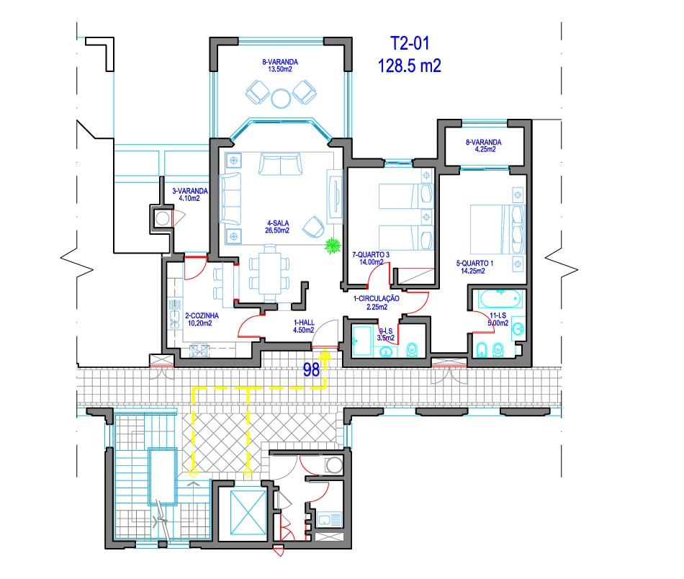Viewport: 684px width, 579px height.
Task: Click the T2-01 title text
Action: point(410,43)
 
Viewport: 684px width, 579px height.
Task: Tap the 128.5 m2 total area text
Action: point(409,66)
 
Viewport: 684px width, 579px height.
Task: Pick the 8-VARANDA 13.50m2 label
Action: point(279,66)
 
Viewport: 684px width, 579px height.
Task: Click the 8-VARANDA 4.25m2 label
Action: point(483,145)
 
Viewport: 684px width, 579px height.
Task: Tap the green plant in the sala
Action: point(333,246)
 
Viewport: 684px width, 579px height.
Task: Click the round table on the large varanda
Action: point(281,98)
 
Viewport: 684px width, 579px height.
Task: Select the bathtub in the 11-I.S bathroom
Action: point(500,300)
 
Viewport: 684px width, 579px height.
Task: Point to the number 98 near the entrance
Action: point(312,370)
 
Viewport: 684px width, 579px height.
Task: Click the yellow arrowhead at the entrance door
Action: point(325,355)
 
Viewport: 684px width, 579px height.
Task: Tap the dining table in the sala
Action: point(269,273)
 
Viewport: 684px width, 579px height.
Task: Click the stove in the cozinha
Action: point(199,351)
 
